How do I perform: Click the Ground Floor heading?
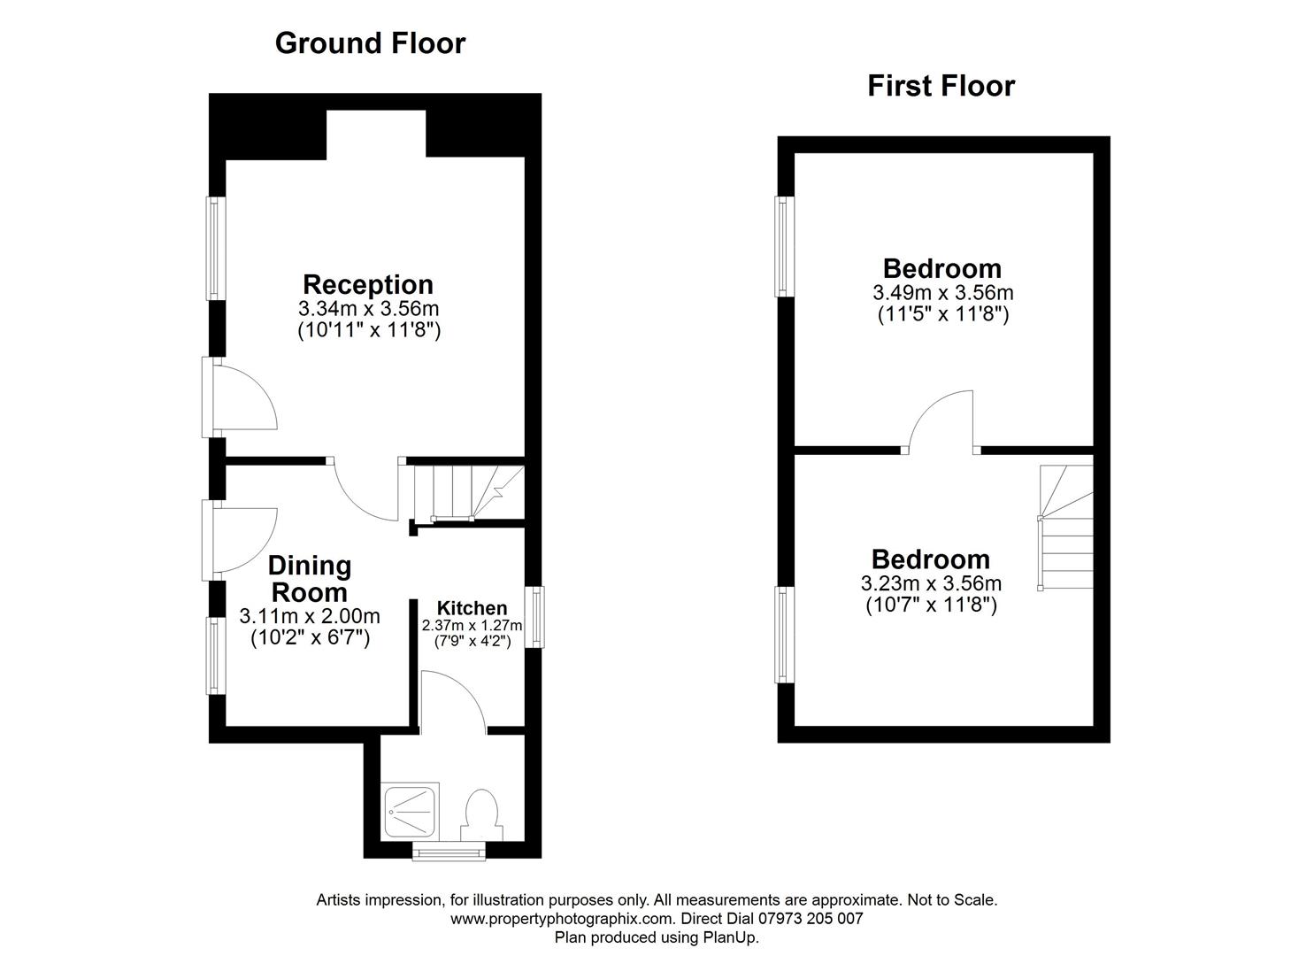click(370, 43)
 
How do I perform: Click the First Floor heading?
click(941, 86)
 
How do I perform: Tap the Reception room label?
click(368, 285)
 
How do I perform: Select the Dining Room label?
click(310, 579)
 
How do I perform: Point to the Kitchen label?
click(473, 608)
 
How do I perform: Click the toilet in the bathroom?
click(481, 815)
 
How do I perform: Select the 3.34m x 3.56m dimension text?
click(368, 309)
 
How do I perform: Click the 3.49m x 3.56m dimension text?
click(943, 292)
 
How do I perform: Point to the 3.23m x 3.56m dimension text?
click(931, 583)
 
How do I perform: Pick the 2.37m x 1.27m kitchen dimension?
click(473, 626)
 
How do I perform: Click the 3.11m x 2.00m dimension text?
click(310, 616)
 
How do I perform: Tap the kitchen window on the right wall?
click(534, 617)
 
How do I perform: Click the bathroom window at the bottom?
click(450, 851)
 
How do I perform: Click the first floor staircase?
click(1065, 528)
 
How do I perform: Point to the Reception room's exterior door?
click(239, 398)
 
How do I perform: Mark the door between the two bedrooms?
click(941, 422)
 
